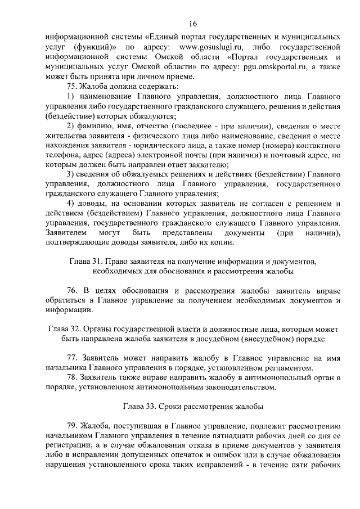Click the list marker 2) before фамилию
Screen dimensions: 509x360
click(70, 125)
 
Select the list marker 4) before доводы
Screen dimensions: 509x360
click(70, 203)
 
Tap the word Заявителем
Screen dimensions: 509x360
click(66, 232)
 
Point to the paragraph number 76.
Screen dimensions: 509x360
click(72, 291)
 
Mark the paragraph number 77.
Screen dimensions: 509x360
click(72, 358)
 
